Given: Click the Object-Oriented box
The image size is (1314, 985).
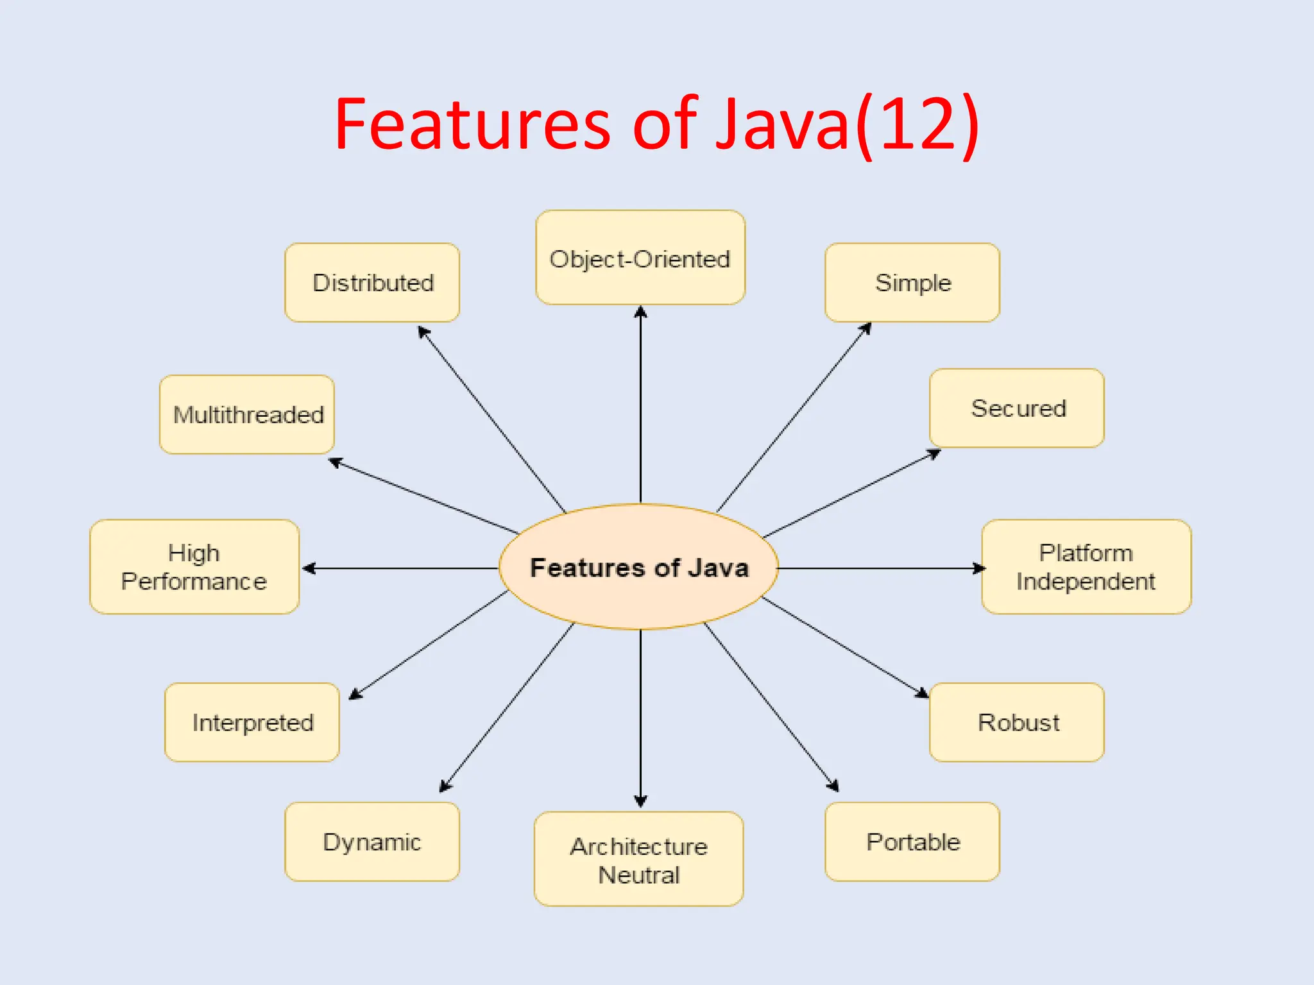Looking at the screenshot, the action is (640, 258).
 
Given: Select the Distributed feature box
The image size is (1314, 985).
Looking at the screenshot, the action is (372, 283).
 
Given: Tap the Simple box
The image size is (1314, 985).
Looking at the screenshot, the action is (912, 283).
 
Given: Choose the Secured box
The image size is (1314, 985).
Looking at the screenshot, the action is (1016, 408).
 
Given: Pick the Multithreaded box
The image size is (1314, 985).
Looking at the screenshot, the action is (247, 415).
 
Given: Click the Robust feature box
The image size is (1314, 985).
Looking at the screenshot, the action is (1016, 723).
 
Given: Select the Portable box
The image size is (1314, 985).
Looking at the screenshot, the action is (912, 842).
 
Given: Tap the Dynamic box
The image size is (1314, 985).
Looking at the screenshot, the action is (372, 842).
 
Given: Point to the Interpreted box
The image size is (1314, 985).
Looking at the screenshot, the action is (252, 723).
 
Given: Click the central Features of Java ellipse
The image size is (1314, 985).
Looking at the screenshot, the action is (639, 568).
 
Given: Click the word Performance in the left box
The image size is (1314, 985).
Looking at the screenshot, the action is (194, 582).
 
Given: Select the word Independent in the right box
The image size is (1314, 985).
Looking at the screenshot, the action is (1086, 582).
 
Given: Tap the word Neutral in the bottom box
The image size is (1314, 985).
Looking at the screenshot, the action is (639, 875).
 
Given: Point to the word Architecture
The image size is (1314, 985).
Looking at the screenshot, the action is (639, 847).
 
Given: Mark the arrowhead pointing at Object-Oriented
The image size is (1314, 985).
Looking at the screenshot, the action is (640, 312).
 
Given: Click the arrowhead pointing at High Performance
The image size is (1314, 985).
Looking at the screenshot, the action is (309, 568).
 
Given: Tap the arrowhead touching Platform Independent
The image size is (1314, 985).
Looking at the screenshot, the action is (978, 568).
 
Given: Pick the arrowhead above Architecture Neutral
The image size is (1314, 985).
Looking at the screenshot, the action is (640, 801).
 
